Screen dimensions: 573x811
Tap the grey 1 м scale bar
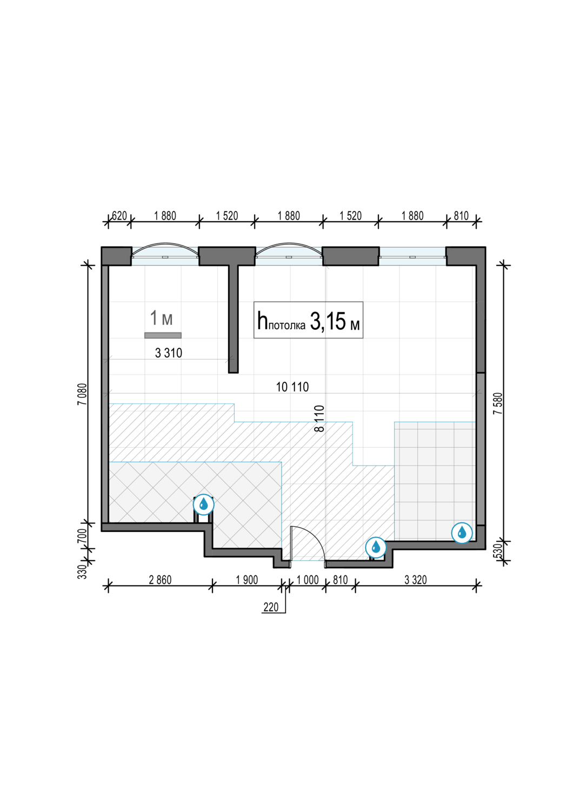(x=163, y=335)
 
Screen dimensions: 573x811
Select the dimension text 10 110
(x=292, y=387)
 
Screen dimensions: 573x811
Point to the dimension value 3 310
(x=169, y=353)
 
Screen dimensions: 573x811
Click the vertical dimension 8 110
(x=320, y=418)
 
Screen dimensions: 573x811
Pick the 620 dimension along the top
(x=119, y=216)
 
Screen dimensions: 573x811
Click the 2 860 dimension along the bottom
(x=160, y=580)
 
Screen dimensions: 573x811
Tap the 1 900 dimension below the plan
(x=247, y=580)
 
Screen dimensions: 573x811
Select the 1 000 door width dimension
(x=308, y=580)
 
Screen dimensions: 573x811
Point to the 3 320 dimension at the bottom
(x=416, y=580)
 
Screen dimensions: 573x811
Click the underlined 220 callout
(x=271, y=607)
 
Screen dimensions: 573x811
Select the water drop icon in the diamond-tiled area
(x=204, y=504)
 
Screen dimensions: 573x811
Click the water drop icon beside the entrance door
(x=376, y=547)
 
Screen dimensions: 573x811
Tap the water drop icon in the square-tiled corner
(x=462, y=533)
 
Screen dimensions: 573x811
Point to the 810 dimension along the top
(x=461, y=216)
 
